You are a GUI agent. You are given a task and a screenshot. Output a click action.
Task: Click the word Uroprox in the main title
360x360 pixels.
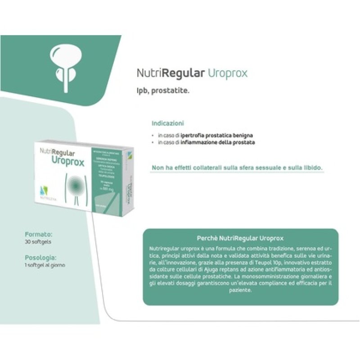click(x=228, y=73)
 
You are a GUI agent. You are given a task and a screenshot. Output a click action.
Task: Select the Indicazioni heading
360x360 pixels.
click(x=168, y=123)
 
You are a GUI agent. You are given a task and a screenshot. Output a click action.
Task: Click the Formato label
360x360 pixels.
click(x=39, y=234)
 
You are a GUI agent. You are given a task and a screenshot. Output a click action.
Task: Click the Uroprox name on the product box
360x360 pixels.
click(x=68, y=161)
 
